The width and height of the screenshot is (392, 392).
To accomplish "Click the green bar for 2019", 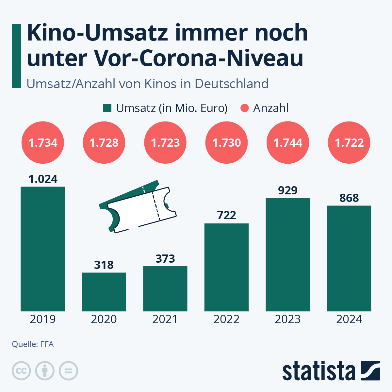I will click(43, 248).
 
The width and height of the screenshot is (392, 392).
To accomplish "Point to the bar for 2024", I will click(349, 258).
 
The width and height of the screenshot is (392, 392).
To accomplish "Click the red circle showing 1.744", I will click(288, 142).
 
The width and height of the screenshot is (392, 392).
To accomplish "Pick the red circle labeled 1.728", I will click(104, 142).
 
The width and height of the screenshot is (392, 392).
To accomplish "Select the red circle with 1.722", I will click(349, 142).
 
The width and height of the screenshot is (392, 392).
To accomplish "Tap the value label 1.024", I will click(43, 179).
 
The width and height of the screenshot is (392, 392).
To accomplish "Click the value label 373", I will click(165, 259).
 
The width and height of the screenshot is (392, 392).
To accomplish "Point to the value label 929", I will click(288, 190).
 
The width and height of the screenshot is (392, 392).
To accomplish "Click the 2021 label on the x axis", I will click(165, 319).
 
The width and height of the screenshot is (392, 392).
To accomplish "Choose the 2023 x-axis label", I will click(288, 319).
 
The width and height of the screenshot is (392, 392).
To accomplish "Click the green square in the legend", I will click(107, 108).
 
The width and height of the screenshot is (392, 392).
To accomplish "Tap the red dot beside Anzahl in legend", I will click(245, 108).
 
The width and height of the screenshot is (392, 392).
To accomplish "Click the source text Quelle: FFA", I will click(33, 344).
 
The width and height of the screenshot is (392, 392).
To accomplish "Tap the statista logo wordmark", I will click(318, 371).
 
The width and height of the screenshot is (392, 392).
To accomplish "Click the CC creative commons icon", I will click(21, 371).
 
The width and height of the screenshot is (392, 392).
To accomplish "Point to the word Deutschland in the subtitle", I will click(232, 84).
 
